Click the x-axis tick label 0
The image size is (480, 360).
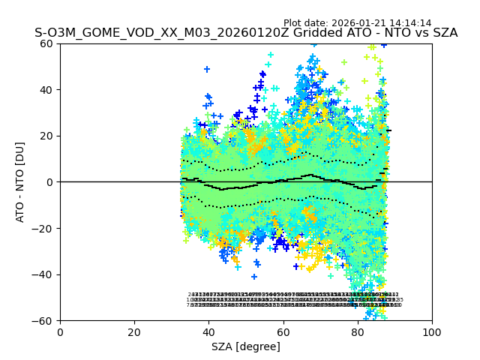pos(60,332)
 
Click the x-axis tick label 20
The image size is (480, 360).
pos(134,332)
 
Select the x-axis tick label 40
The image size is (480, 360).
pos(208,332)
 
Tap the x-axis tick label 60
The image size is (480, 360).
pos(283,332)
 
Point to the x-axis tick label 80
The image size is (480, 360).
pos(358,332)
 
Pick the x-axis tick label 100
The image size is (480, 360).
pos(432,332)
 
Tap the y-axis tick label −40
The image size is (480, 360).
pos(44,274)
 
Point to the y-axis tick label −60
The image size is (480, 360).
pos(44,321)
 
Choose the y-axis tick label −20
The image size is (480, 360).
pos(44,229)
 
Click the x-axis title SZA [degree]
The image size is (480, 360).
pos(246,346)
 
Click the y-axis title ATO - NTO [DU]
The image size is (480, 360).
pos(21,182)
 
